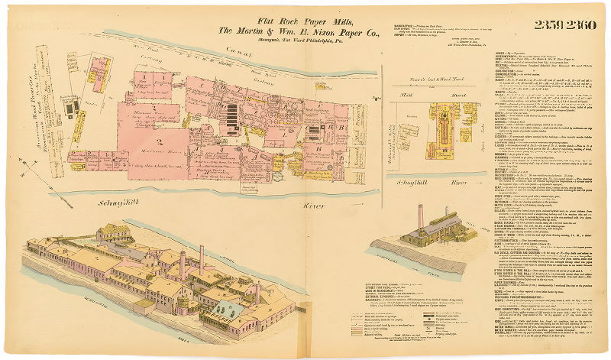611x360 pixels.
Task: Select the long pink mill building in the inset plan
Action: pyautogui.click(x=444, y=126)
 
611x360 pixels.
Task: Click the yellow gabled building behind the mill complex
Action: pyautogui.click(x=113, y=232)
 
